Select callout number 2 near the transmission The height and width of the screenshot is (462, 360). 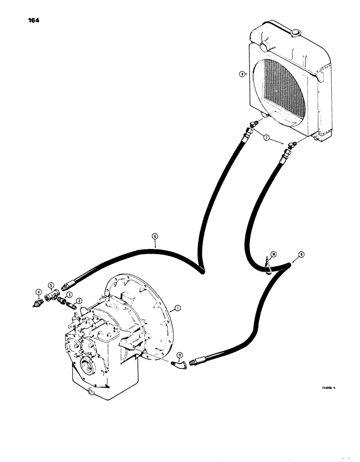pos(79,300)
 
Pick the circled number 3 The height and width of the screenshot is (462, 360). pos(69,294)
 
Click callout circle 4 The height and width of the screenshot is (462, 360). pos(38,291)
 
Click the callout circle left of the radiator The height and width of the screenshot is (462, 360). pos(241,73)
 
